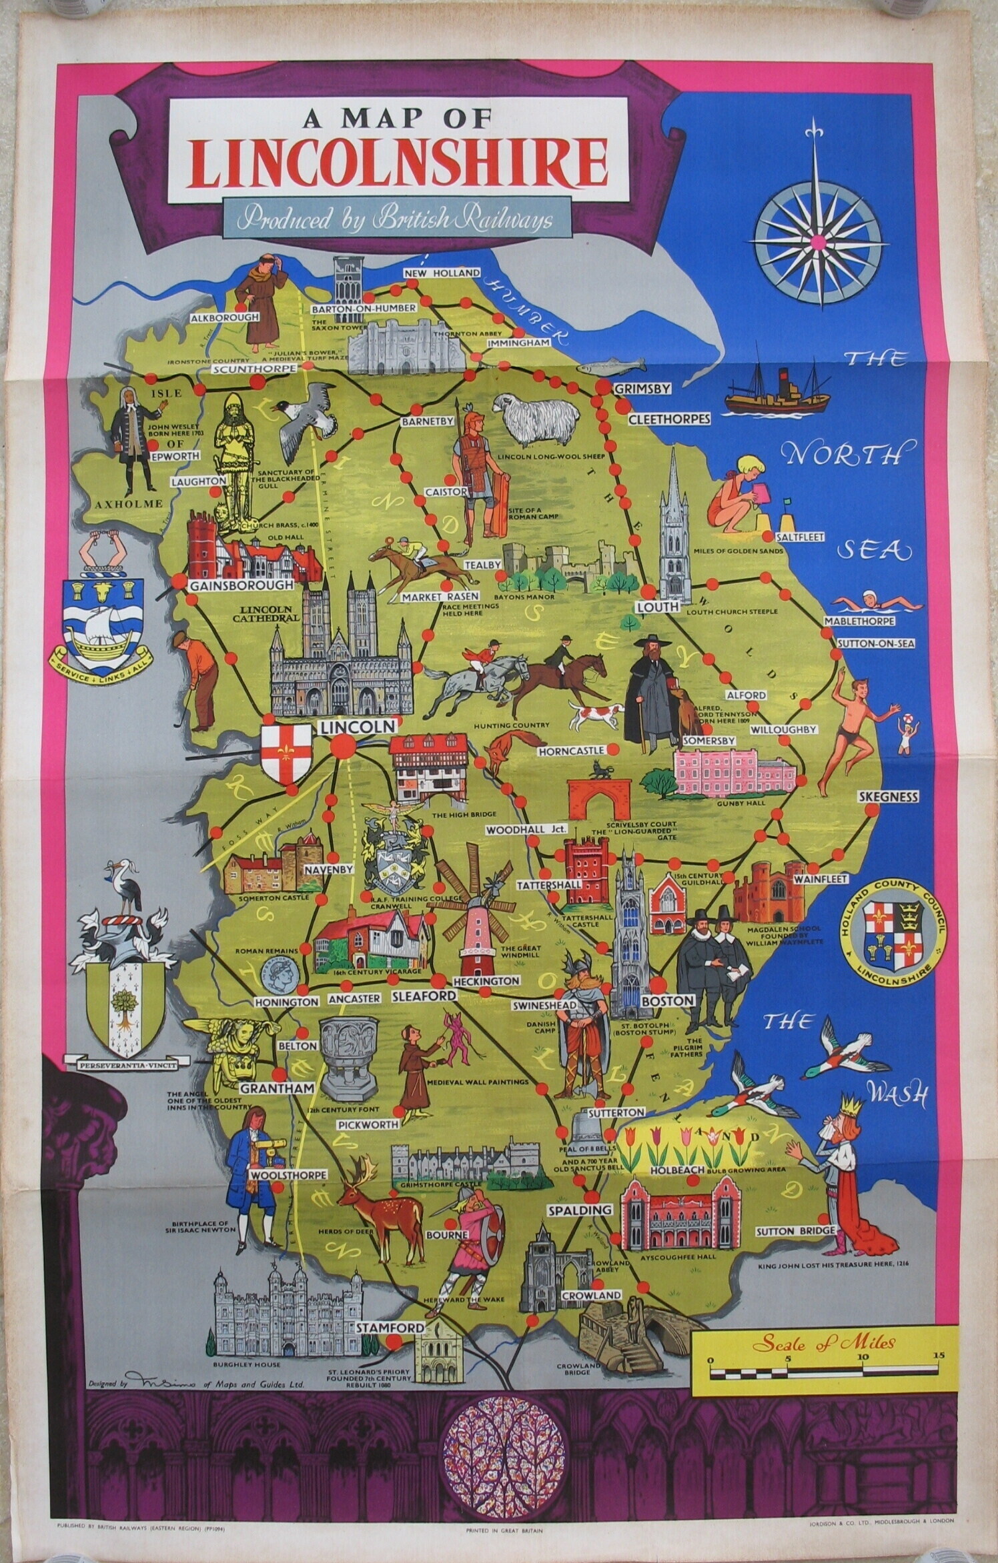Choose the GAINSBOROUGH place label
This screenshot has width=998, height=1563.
(241, 585)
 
